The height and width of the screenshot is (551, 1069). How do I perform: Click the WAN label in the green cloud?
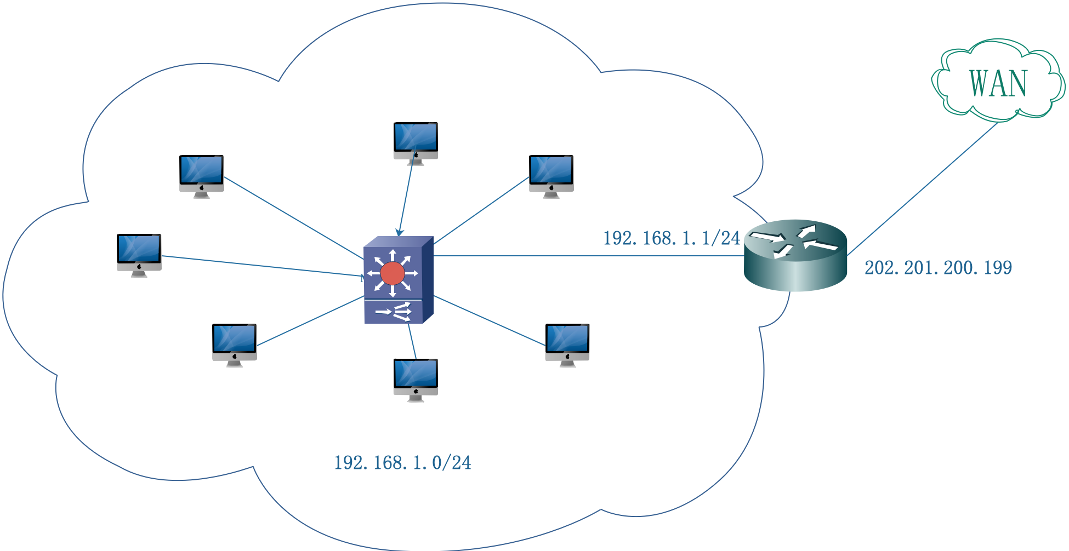pyautogui.click(x=998, y=83)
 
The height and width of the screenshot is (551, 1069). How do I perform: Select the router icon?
pyautogui.click(x=795, y=255)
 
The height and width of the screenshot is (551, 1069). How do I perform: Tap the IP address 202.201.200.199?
pyautogui.click(x=938, y=268)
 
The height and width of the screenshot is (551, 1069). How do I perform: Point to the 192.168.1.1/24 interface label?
pyautogui.click(x=672, y=238)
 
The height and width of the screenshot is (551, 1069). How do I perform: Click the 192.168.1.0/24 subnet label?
pyautogui.click(x=402, y=463)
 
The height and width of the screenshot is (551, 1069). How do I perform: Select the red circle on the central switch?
pyautogui.click(x=393, y=273)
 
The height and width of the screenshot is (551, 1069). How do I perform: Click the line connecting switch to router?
pyautogui.click(x=587, y=256)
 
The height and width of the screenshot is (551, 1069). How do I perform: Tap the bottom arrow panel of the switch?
pyautogui.click(x=393, y=312)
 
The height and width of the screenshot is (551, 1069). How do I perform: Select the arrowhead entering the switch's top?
pyautogui.click(x=400, y=233)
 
